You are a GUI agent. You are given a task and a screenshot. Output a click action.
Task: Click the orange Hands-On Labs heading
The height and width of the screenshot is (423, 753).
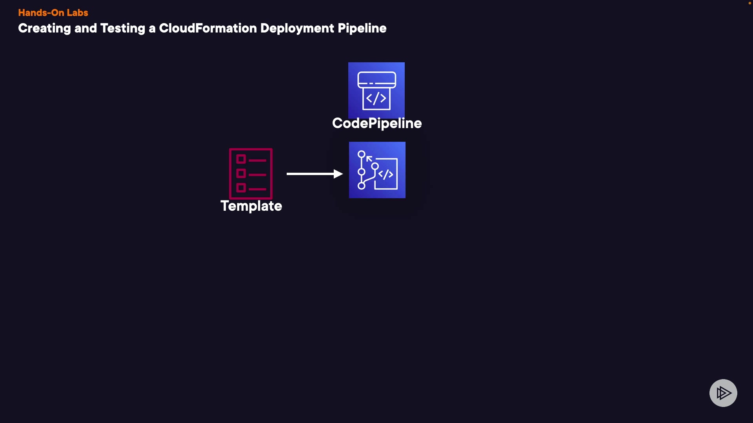53,13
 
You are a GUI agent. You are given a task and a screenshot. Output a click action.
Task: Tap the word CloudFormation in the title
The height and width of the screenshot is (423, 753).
207,28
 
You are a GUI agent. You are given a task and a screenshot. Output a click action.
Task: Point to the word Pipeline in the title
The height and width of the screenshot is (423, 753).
362,28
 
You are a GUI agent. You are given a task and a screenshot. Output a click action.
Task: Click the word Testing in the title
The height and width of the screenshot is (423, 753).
122,28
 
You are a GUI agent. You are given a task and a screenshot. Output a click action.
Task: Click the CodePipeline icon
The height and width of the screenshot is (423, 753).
376,90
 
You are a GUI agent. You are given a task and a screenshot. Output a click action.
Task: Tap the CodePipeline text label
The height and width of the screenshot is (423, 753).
377,123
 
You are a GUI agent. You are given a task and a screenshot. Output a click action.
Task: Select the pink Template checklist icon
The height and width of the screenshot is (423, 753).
251,174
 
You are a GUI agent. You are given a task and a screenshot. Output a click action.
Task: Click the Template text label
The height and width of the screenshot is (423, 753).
251,206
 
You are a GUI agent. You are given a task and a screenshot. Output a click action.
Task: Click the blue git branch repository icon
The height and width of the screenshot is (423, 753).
377,170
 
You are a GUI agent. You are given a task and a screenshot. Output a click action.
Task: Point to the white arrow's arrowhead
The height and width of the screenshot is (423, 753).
338,174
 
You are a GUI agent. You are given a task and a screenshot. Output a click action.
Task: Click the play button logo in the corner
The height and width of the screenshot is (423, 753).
723,393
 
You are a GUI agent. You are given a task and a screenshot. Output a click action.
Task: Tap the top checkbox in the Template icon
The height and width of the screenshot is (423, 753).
241,159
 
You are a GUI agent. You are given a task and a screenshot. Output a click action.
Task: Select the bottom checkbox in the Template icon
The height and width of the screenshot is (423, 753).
241,188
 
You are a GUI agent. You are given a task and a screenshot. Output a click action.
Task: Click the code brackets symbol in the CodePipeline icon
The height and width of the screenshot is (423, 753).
376,99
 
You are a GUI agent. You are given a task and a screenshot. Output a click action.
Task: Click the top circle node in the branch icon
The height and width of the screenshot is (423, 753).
362,154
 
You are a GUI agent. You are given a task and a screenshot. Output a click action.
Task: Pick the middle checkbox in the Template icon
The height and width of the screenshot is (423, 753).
241,174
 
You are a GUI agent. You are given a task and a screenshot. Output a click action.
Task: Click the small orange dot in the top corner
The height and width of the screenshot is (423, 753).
749,3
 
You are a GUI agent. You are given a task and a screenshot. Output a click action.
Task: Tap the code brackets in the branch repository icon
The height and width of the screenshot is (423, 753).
386,174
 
